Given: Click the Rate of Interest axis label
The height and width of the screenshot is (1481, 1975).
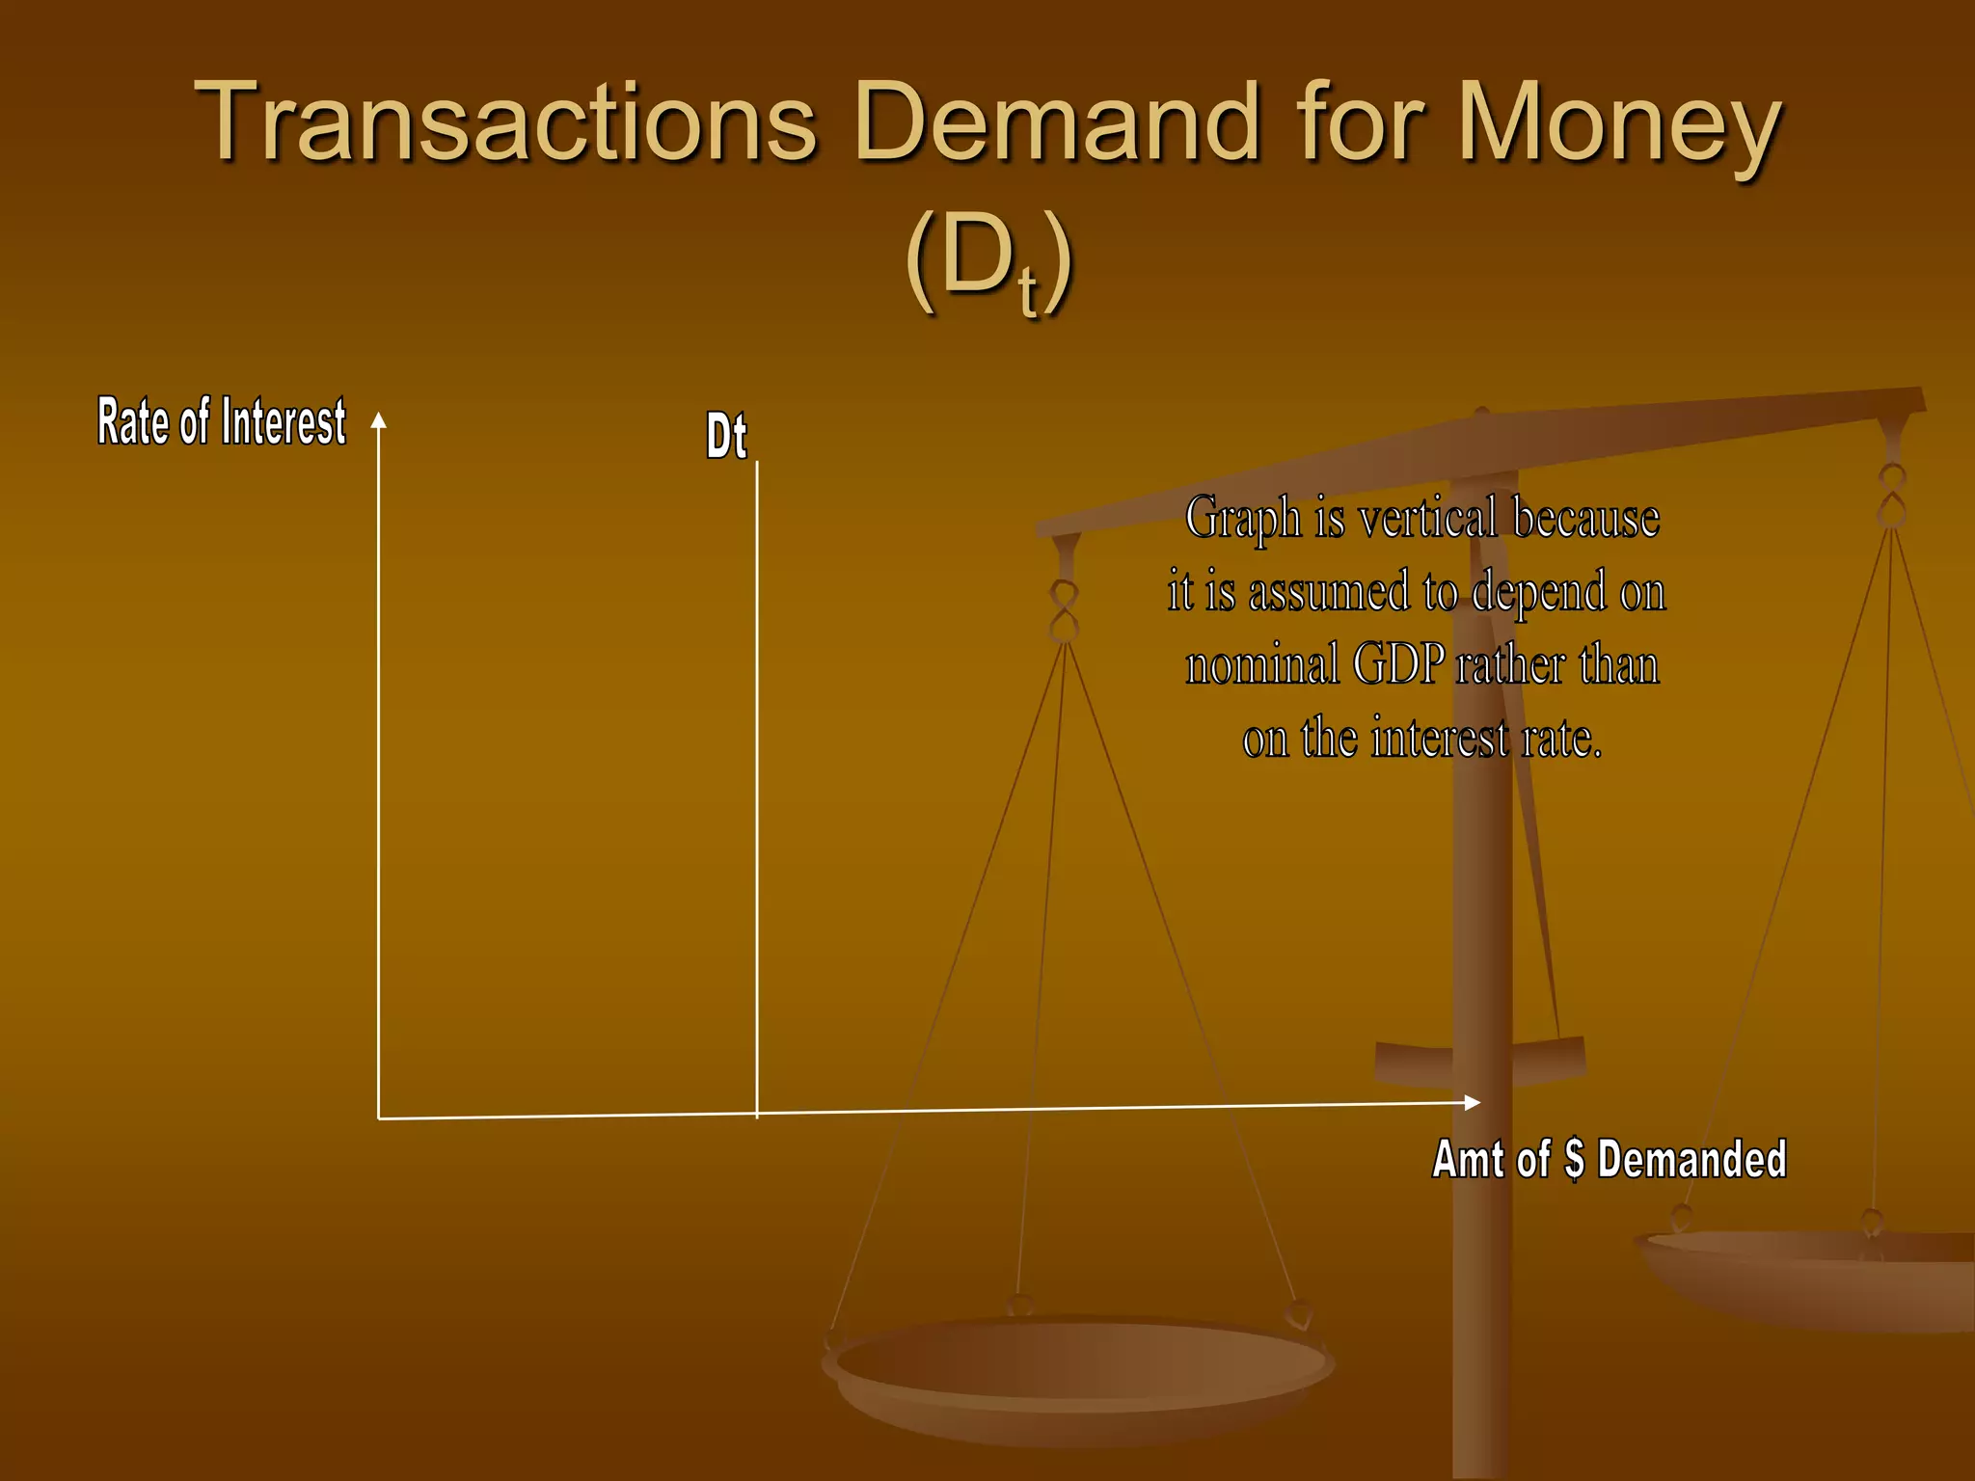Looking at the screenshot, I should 221,422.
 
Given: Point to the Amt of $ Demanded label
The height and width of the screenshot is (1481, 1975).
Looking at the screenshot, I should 1609,1159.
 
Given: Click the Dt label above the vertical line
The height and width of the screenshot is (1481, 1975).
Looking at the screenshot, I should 726,436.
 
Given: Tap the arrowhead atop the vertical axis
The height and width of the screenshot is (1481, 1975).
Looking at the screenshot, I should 379,420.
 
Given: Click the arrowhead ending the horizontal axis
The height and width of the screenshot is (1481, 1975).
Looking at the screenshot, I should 1472,1102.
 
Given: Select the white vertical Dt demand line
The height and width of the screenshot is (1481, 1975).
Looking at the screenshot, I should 757,771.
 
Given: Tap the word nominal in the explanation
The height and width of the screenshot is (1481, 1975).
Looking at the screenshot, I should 1261,665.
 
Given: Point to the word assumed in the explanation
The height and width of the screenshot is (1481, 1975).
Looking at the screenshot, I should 1329,591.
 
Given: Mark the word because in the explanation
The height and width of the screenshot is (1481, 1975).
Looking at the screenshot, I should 1586,518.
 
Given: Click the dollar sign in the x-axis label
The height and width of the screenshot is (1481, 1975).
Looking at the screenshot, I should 1574,1159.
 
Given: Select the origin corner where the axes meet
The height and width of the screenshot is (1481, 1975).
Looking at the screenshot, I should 379,1118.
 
